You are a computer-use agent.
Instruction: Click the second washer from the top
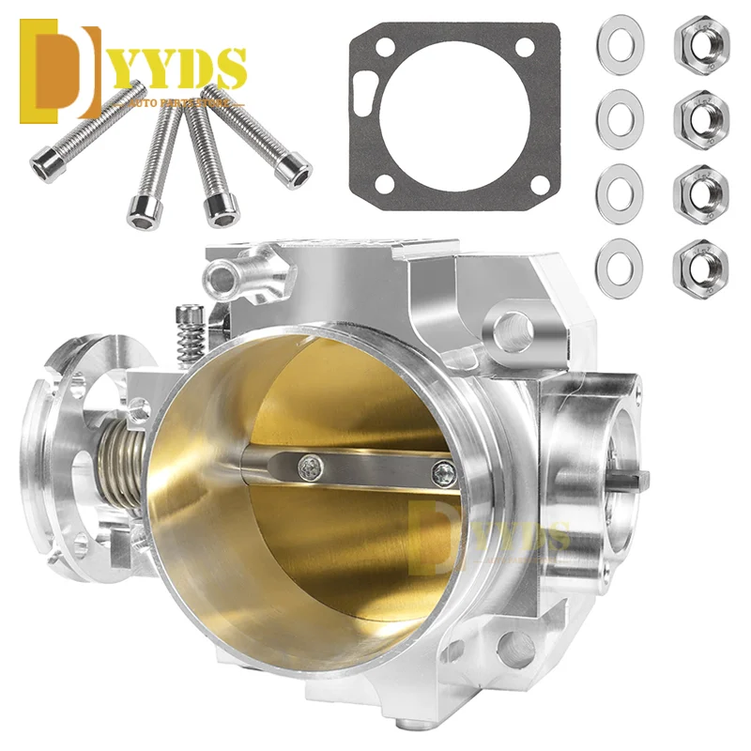point(619,116)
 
